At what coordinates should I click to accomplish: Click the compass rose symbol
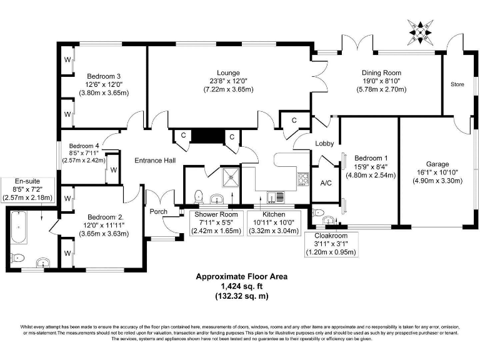point(420,29)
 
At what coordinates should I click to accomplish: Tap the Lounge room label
point(228,72)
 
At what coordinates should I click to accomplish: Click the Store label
point(457,84)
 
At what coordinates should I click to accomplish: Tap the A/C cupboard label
point(326,183)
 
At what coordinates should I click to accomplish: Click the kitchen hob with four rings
point(304,179)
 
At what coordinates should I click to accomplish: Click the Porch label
point(158,211)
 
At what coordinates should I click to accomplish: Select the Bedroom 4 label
point(84,143)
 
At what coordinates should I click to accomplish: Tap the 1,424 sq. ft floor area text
point(241,286)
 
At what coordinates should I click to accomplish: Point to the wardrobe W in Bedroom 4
point(113,170)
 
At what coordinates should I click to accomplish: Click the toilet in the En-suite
point(17,257)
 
